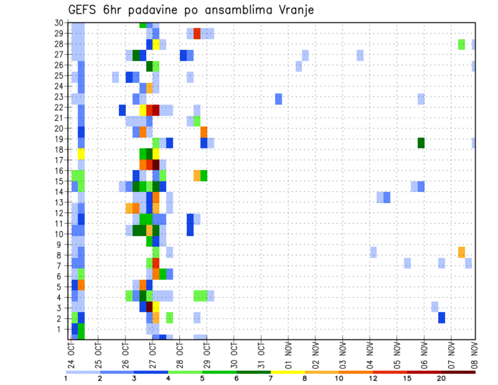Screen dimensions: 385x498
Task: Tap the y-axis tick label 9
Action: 61,245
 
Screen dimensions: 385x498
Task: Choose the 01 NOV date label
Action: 288,353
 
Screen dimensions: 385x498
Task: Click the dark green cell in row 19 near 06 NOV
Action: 421,143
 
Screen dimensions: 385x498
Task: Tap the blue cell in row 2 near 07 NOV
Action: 441,317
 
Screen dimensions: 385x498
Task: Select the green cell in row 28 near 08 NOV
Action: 462,44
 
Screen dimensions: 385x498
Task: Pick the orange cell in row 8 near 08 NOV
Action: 462,252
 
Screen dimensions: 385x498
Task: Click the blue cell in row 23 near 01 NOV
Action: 279,99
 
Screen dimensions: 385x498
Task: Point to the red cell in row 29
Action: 197,34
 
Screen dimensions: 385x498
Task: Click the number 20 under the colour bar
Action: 441,378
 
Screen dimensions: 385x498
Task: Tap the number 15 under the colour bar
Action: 408,378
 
